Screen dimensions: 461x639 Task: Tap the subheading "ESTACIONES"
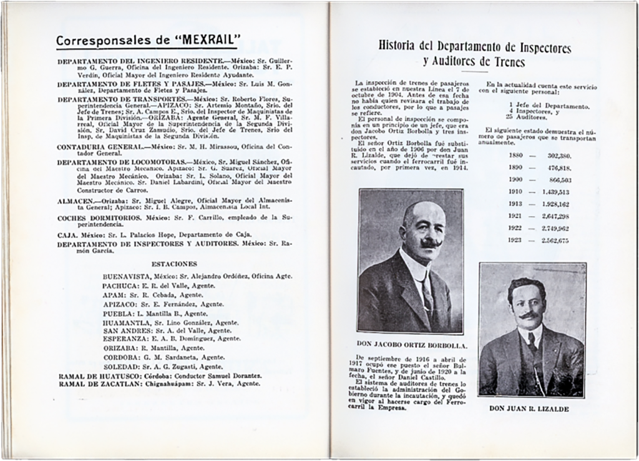pyautogui.click(x=174, y=264)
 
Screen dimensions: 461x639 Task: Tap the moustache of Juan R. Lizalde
pyautogui.click(x=529, y=315)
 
